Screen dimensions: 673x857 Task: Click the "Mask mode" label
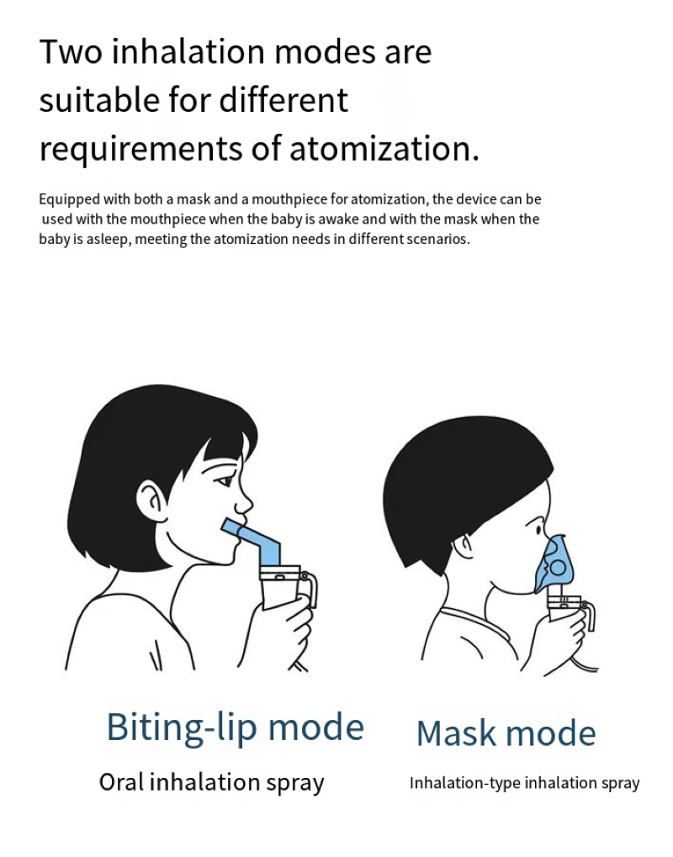[x=506, y=733]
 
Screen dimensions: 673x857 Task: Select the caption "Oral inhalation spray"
[x=212, y=783]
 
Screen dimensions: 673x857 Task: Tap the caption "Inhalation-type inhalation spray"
[x=524, y=783]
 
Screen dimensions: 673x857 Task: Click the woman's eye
[x=225, y=482]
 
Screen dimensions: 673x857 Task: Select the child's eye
[x=539, y=530]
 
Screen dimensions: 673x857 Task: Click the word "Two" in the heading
[x=71, y=52]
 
